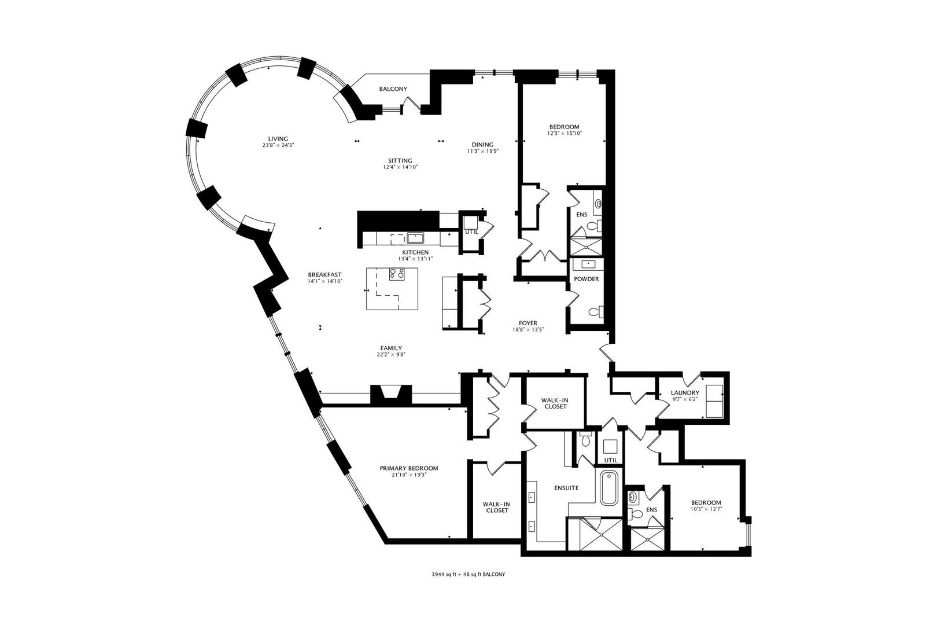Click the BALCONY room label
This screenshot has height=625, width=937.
[393, 89]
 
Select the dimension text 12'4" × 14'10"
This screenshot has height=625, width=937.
[400, 167]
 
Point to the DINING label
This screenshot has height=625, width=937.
[482, 145]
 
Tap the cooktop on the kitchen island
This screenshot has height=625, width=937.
[397, 274]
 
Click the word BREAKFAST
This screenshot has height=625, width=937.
[324, 275]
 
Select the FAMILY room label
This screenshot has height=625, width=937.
[391, 348]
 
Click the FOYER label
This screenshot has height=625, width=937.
[528, 323]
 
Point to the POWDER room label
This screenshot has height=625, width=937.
[586, 279]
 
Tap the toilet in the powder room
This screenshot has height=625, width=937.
[595, 312]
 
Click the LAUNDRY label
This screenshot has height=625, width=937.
[685, 393]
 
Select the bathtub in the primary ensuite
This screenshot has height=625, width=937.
[610, 488]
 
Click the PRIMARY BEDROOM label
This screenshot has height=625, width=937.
[408, 468]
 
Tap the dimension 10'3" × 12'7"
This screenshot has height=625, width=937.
[706, 509]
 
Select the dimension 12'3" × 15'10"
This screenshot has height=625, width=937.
[564, 133]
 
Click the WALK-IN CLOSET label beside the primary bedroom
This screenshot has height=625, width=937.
[496, 507]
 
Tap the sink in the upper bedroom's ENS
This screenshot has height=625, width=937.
[598, 204]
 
